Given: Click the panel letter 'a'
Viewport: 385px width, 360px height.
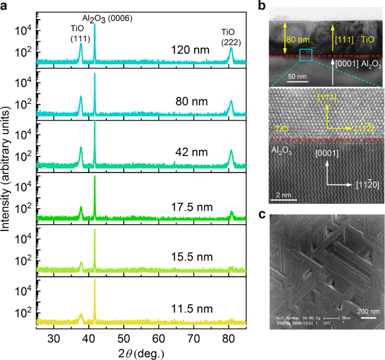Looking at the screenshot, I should [x=6, y=6].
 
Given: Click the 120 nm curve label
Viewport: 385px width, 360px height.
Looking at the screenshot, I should [x=191, y=51].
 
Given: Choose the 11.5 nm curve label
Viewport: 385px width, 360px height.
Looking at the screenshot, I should [x=190, y=309].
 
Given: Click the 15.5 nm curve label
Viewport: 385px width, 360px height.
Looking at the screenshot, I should [x=190, y=258].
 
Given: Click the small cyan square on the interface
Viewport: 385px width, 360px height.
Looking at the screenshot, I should [x=306, y=54].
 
